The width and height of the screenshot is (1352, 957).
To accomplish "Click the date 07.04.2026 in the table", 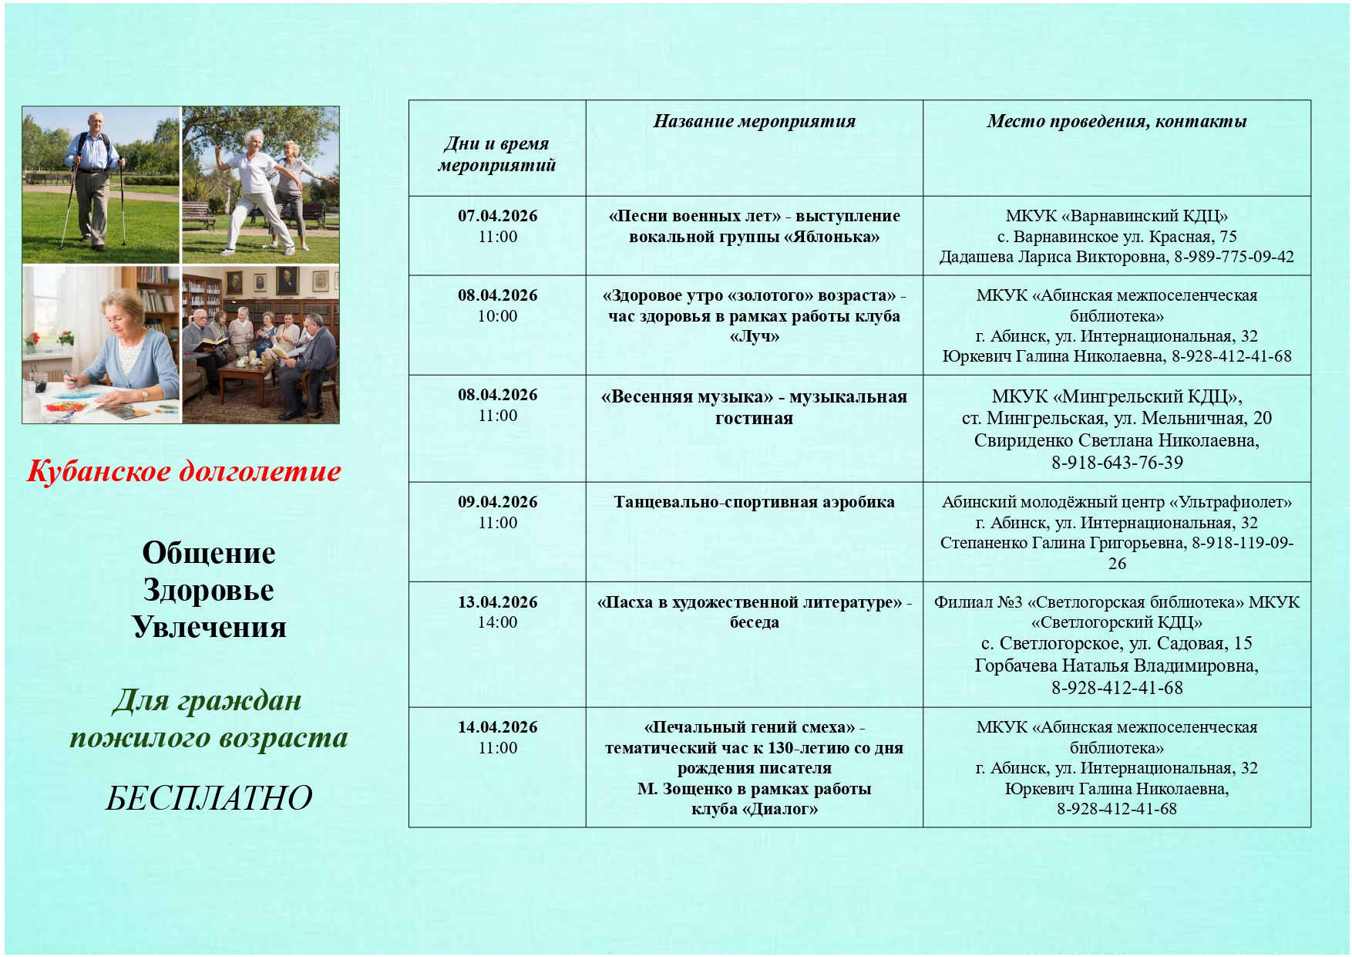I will tap(497, 216).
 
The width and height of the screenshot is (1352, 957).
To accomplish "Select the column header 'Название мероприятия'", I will tap(754, 121).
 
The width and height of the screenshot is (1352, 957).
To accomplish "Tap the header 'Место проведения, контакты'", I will tap(1116, 121).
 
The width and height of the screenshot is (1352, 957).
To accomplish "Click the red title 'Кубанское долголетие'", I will tap(183, 471).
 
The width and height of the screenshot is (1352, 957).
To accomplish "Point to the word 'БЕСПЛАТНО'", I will tap(208, 798).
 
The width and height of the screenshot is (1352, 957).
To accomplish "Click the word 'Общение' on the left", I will tap(208, 553).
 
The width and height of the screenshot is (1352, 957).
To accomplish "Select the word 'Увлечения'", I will tap(208, 627).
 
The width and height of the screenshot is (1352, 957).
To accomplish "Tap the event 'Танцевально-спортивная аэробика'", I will tap(754, 502).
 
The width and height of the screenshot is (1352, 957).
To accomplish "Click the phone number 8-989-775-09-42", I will tap(1233, 257).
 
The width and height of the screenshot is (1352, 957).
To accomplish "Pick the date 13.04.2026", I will tap(497, 602).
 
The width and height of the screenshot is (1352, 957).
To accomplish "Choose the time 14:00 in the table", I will tap(497, 622).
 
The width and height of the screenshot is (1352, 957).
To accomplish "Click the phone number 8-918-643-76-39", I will tap(1116, 463).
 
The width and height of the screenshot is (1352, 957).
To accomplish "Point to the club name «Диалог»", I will tap(780, 809).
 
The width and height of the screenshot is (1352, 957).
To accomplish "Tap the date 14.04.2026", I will tap(497, 727).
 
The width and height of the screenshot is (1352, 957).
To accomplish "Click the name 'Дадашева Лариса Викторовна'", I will tap(1052, 257).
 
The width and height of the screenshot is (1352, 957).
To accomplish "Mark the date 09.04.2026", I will tap(497, 502).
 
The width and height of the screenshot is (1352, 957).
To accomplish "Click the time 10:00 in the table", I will tap(497, 316).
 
